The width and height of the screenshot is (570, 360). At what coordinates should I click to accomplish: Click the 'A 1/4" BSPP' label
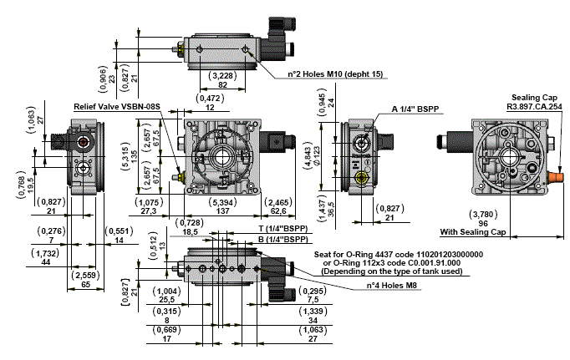417,109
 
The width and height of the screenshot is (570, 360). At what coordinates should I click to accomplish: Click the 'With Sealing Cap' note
474,231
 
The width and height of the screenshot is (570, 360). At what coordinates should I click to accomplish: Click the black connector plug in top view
278,37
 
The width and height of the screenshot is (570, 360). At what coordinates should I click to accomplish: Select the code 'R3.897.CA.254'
534,106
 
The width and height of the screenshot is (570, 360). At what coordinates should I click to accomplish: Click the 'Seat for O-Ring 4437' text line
398,253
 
